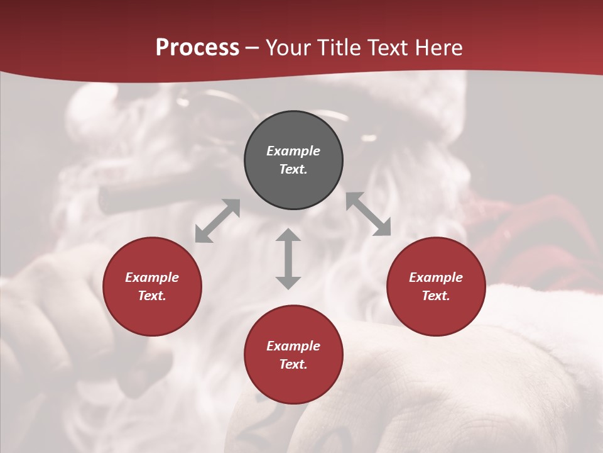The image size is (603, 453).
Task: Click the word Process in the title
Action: coord(197,48)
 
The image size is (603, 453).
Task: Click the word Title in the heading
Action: coord(339,48)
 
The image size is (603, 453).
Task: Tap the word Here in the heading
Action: coord(438,48)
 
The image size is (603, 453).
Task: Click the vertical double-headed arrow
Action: coord(288,259)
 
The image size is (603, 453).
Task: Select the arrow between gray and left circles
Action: coord(217,221)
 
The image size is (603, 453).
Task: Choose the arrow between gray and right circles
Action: coord(368,214)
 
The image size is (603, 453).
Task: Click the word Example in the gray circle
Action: coord(293,151)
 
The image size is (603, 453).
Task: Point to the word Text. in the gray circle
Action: coord(293,169)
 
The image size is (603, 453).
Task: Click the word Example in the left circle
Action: coord(152,277)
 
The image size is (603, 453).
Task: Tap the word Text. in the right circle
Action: coord(436,296)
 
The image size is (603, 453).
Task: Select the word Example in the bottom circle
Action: coord(293,346)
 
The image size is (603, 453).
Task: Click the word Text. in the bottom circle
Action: coord(293,364)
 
